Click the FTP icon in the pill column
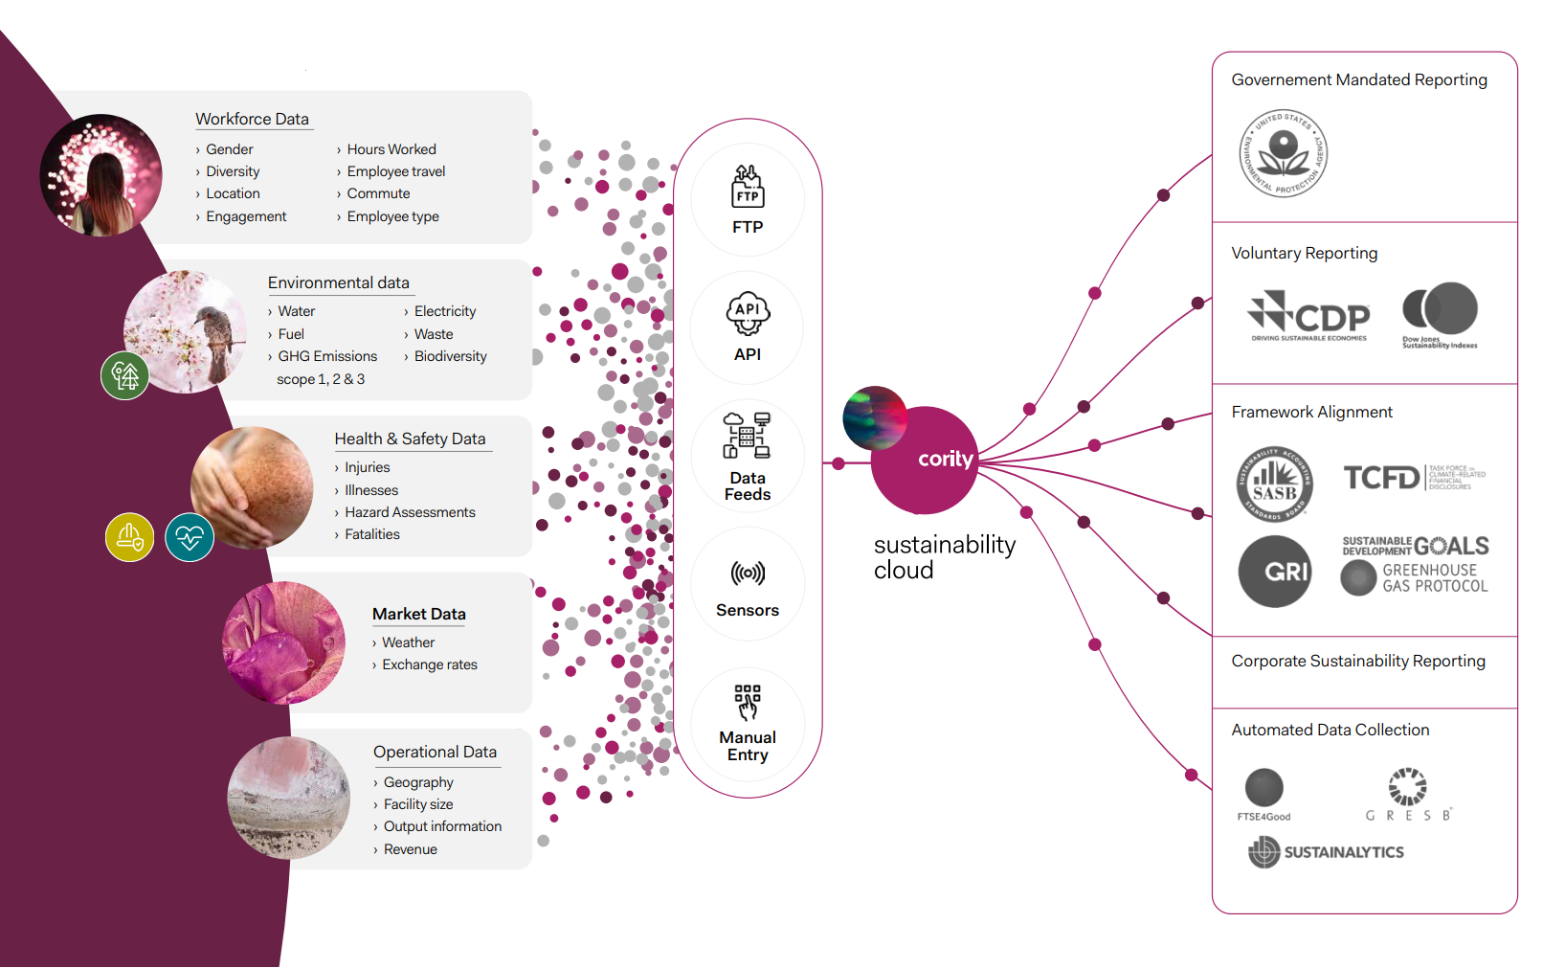(748, 187)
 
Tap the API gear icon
(748, 313)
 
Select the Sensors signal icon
(748, 574)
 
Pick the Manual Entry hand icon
(748, 702)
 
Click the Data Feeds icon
(748, 437)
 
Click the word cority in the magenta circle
(945, 460)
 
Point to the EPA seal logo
(1283, 153)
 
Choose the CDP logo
(1308, 315)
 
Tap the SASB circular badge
(1274, 484)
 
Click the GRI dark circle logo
(1275, 572)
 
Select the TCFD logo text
(1381, 477)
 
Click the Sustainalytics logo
(1326, 851)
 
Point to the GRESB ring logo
(1407, 787)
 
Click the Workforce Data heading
(252, 119)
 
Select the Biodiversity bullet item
(450, 356)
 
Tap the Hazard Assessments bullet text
(410, 512)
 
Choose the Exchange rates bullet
(429, 664)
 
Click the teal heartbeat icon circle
(190, 538)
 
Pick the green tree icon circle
(125, 375)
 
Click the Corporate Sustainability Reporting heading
(1357, 661)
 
